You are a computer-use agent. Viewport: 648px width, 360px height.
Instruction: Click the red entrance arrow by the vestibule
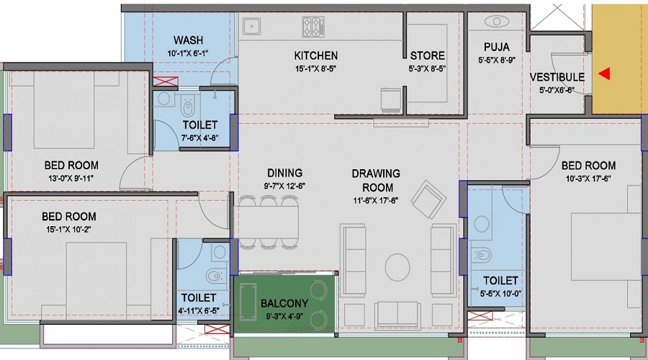point(605,73)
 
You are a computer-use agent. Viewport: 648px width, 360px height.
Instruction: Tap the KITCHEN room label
point(315,55)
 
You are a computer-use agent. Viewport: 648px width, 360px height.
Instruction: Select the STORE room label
point(427,55)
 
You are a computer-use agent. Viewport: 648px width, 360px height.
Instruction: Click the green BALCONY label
point(286,303)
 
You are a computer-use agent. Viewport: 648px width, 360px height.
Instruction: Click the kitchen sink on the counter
point(251,27)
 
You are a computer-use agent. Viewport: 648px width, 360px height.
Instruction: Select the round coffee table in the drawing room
point(397,268)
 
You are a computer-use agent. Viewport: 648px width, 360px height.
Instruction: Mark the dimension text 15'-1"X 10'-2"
point(68,230)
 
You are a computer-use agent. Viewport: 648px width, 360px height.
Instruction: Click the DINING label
point(284,173)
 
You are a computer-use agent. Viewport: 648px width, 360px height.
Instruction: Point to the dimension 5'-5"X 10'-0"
point(500,294)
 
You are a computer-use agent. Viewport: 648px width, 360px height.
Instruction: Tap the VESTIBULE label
point(557,77)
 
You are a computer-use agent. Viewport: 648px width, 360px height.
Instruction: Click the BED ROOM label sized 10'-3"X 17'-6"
point(588,166)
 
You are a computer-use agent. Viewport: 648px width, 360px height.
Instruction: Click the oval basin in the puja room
point(497,21)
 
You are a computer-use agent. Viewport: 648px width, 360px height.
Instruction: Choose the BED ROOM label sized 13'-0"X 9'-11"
point(71,165)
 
